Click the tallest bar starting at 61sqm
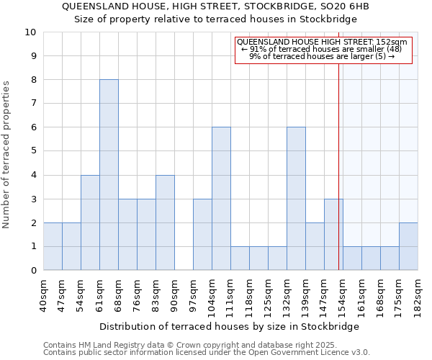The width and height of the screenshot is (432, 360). pos(109,175)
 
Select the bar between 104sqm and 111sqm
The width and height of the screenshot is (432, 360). pos(221,199)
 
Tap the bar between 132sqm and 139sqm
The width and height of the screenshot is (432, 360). pos(296,199)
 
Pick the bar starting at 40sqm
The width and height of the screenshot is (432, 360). pos(53,246)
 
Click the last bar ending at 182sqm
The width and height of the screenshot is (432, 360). pos(408,246)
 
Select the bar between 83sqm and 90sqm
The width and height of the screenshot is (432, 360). pos(165,222)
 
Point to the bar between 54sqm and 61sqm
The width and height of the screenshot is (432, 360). pos(90,222)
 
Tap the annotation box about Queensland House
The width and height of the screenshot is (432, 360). pos(323,49)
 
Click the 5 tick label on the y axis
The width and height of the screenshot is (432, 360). pos(33,151)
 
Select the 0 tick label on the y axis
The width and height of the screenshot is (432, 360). pos(33,271)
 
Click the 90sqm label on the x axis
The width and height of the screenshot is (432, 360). pos(174,294)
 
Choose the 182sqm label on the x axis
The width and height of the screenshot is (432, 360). pos(418,294)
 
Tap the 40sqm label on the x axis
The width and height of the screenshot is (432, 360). pos(43,294)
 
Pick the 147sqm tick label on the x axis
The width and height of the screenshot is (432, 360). pos(324,294)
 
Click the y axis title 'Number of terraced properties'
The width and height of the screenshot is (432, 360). pos(7,155)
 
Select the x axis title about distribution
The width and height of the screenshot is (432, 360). pos(230,326)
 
